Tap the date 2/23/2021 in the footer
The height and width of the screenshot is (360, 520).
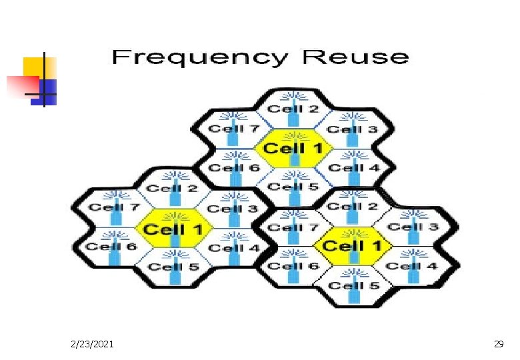click(x=92, y=344)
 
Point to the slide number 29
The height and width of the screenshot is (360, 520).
click(x=498, y=344)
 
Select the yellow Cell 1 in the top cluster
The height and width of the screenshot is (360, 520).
click(x=292, y=148)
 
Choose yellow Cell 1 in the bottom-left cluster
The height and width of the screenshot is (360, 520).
click(x=173, y=229)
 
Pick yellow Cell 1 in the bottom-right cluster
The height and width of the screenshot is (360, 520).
click(x=352, y=246)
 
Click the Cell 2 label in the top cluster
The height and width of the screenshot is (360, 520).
click(x=293, y=109)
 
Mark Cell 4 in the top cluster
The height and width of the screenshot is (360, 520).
click(x=353, y=167)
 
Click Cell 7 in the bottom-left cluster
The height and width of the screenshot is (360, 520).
click(x=115, y=207)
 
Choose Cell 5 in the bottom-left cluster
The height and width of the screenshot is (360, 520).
click(x=173, y=267)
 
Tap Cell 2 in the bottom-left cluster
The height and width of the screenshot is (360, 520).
click(x=173, y=188)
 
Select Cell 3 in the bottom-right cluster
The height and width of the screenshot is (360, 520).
click(x=413, y=227)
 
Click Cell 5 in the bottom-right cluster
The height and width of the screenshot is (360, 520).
click(x=354, y=285)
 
